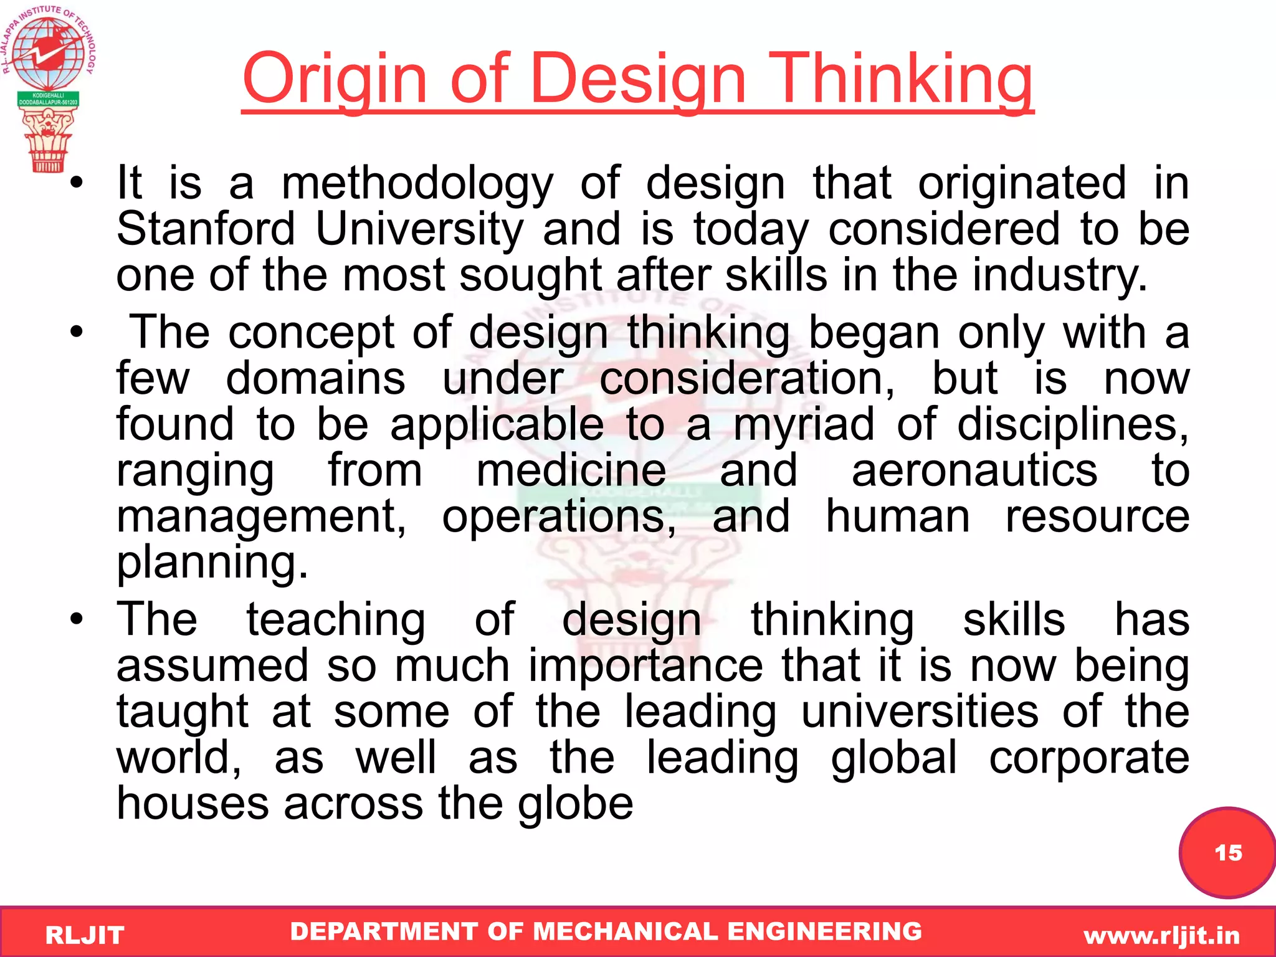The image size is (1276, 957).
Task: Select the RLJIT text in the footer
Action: pos(85,935)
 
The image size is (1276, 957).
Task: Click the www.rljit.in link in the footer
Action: pos(1161,935)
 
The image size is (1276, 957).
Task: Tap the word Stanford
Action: pos(206,229)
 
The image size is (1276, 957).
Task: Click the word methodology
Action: pos(417,184)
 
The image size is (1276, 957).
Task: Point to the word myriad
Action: pos(804,425)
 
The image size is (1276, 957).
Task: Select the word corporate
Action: pos(1088,758)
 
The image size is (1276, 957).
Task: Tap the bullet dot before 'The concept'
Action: pos(76,333)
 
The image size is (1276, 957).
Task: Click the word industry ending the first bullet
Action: pos(1059,275)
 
